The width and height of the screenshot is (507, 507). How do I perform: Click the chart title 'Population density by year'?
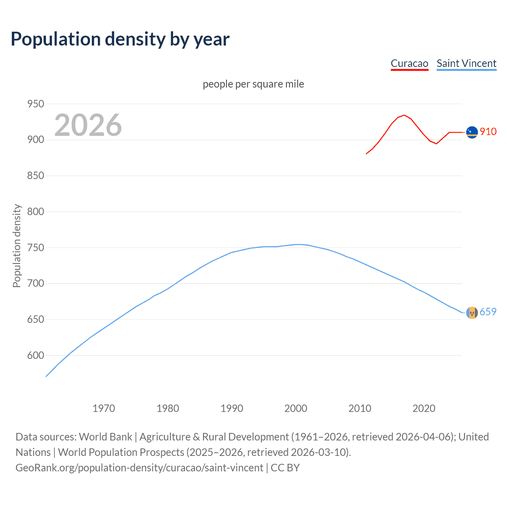[x=120, y=39]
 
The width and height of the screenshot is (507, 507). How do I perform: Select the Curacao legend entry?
[x=409, y=63]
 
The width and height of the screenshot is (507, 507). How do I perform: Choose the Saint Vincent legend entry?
[x=466, y=63]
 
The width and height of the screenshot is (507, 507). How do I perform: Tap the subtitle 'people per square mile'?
[x=253, y=84]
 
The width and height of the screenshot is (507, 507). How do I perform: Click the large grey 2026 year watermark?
[x=88, y=125]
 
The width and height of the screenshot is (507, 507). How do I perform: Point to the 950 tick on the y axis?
[x=35, y=104]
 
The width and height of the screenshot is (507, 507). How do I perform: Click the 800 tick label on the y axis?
[x=35, y=212]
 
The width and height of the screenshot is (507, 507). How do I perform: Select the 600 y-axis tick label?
[x=35, y=355]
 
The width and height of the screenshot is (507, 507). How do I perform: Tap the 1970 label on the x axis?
[x=104, y=408]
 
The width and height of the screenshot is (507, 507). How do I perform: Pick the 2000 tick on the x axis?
[x=296, y=408]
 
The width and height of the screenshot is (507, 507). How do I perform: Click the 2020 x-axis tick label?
[x=424, y=408]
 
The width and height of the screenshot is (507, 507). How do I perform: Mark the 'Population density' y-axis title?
[x=17, y=246]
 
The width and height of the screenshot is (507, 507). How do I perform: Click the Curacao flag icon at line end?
[x=472, y=132]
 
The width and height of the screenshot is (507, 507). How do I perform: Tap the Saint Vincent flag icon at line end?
[x=472, y=313]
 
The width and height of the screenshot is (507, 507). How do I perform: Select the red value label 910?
[x=488, y=132]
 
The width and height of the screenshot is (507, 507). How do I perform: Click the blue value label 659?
[x=488, y=312]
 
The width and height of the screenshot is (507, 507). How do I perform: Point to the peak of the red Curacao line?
[x=404, y=115]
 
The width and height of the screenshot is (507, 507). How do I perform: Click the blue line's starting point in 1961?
[x=46, y=376]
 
